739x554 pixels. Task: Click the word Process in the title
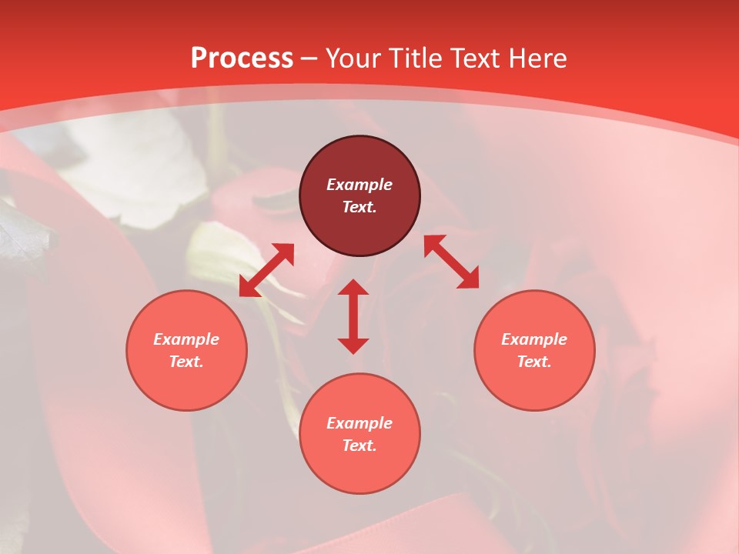(242, 58)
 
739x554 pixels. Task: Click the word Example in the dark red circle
(359, 185)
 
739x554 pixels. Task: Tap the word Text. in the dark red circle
(359, 207)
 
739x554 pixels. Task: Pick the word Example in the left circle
(186, 339)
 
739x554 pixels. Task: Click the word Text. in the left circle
(186, 362)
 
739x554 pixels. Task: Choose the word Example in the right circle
(534, 339)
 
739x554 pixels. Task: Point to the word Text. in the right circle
(534, 362)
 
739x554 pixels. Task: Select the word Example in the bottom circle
(359, 423)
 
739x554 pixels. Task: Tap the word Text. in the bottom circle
(359, 446)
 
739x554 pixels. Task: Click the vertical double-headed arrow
(353, 316)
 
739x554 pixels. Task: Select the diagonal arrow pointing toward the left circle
(266, 270)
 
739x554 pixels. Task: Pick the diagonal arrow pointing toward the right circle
(451, 262)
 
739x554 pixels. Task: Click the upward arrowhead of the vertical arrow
(353, 288)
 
